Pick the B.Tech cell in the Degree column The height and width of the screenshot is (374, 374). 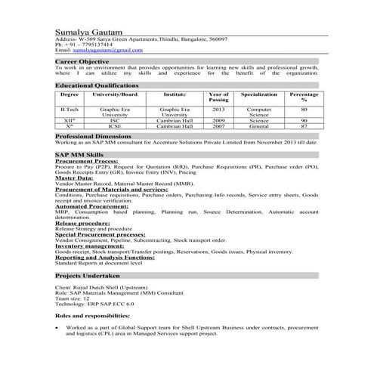pyautogui.click(x=70, y=110)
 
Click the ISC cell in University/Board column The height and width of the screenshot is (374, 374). pyautogui.click(x=114, y=120)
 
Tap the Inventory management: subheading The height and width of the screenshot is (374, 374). pyautogui.click(x=91, y=245)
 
